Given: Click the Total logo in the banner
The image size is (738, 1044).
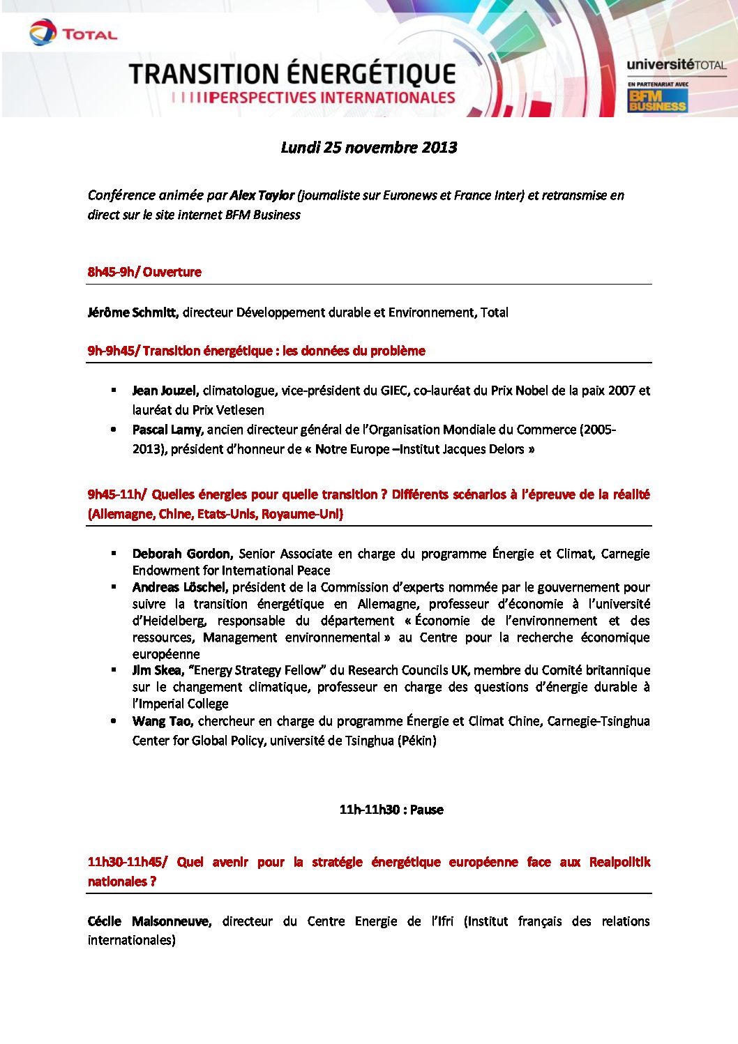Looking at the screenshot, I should click(x=73, y=33).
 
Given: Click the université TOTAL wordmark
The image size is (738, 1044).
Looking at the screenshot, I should click(x=676, y=66).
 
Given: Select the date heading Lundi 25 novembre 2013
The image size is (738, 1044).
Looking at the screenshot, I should click(x=369, y=147).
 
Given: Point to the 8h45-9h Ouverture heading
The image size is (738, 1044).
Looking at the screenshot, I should click(x=144, y=272).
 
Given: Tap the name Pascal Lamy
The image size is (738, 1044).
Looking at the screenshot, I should click(x=167, y=430).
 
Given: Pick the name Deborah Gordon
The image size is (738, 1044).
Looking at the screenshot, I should click(x=181, y=554).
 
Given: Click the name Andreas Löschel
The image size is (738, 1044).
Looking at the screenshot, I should click(x=180, y=587).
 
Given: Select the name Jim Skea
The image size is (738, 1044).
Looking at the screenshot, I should click(x=158, y=670).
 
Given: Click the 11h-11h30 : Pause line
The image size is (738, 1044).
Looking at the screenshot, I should click(x=391, y=810).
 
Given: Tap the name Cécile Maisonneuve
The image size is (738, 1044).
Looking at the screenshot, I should click(x=149, y=921).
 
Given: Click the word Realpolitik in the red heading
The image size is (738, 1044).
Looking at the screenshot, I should click(x=619, y=862).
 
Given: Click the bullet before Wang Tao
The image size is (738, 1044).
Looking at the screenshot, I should click(x=114, y=720).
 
